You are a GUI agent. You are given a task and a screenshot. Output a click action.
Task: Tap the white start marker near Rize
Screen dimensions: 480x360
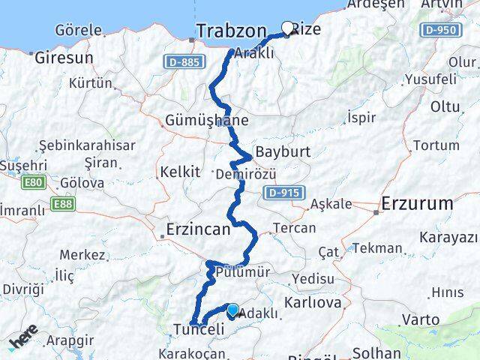tap(286, 29)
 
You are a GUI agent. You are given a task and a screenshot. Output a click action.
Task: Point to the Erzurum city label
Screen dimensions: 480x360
tap(417, 203)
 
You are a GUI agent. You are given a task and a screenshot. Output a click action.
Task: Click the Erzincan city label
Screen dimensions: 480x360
tap(198, 231)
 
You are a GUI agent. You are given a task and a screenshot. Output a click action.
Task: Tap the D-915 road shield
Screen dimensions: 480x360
tap(283, 193)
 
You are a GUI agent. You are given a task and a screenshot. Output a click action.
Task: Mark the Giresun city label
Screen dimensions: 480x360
tap(63, 57)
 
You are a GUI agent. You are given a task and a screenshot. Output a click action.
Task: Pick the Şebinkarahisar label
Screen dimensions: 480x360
tap(87, 145)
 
